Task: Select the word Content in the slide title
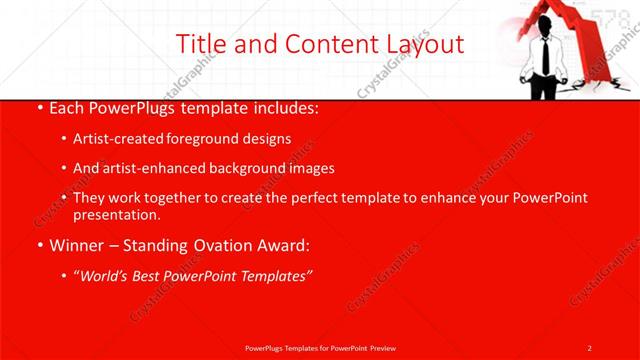(322, 44)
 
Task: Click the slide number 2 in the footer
(590, 347)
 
